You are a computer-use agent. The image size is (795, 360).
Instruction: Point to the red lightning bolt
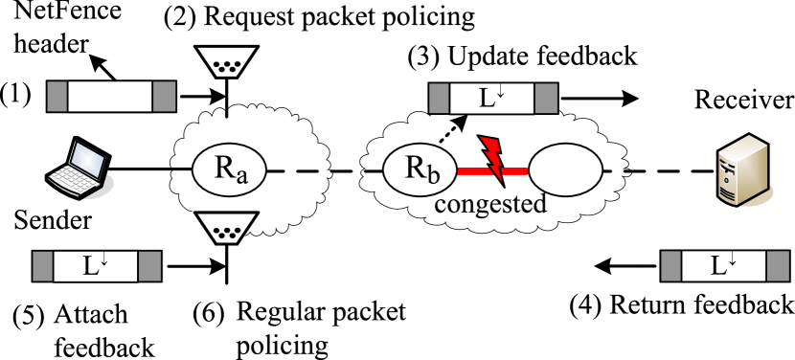pos(495,159)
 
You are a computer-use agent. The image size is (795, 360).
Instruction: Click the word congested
pos(490,204)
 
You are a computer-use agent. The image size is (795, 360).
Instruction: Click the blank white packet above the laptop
pos(110,97)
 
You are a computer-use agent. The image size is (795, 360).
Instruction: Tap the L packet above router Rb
pos(492,98)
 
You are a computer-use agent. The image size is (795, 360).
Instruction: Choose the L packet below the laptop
pos(96,267)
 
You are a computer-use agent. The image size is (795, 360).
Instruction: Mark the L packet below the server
pos(724,267)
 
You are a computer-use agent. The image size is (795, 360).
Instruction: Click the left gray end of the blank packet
pos(57,97)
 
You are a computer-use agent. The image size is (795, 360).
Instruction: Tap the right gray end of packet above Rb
pos(546,98)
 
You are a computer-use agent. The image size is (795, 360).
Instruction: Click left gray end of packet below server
pos(672,267)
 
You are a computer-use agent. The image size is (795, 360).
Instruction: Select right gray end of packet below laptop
pos(149,267)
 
